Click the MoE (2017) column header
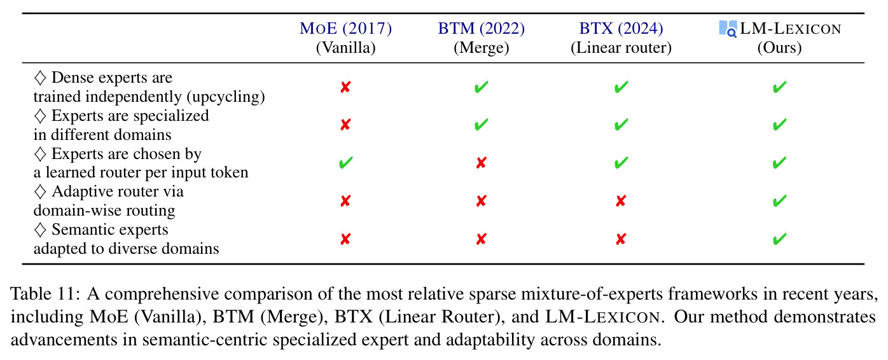[x=345, y=29]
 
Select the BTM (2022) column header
[x=481, y=29]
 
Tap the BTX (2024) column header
[x=621, y=29]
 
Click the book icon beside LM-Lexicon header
[x=728, y=29]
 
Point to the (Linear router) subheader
[x=621, y=48]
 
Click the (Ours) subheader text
[x=779, y=48]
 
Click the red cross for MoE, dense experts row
[x=345, y=87]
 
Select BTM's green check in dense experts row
[x=481, y=87]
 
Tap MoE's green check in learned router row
[x=345, y=163]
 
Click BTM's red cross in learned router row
[x=481, y=163]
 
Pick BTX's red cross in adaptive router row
[x=621, y=201]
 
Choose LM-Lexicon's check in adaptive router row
[x=779, y=201]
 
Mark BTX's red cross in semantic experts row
[x=621, y=239]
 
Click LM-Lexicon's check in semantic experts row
[x=779, y=239]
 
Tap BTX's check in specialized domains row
[x=621, y=125]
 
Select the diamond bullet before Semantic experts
[x=40, y=230]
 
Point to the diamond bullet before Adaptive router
[x=40, y=191]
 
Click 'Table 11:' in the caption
[x=46, y=294]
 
